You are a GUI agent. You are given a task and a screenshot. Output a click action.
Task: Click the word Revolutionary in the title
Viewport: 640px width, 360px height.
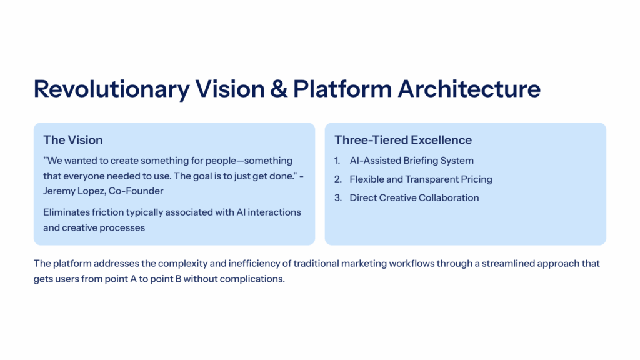coord(111,89)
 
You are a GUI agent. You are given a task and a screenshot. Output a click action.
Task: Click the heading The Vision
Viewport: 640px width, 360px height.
coord(73,140)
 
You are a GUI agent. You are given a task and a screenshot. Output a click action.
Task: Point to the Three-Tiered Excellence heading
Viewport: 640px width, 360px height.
coord(403,140)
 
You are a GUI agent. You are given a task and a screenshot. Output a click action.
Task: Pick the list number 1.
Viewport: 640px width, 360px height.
coord(337,161)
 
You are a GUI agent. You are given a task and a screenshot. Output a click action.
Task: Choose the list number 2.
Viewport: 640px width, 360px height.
coord(337,179)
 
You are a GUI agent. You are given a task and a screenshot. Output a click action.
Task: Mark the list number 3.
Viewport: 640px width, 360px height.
coord(337,198)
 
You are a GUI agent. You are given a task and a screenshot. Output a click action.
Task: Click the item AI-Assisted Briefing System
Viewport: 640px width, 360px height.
coord(411,161)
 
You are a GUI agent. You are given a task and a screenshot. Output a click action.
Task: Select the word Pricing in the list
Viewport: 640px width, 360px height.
coord(474,179)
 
